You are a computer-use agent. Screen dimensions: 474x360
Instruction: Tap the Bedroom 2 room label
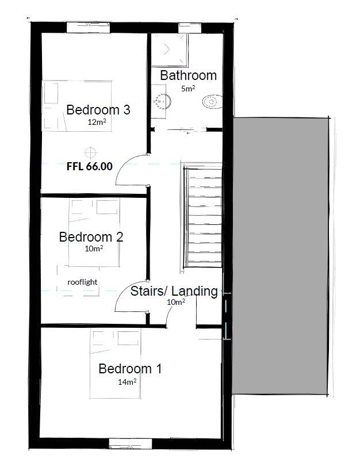tap(91, 236)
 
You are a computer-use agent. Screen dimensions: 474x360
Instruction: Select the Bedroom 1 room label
tap(130, 369)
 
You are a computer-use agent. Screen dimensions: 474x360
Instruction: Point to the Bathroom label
tap(188, 75)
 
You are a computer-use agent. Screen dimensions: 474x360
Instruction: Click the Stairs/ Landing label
tap(174, 291)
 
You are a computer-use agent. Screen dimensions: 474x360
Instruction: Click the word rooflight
tap(82, 282)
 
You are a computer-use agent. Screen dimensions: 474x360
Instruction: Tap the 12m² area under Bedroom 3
tap(97, 122)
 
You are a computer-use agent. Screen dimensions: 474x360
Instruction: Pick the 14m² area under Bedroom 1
tap(127, 381)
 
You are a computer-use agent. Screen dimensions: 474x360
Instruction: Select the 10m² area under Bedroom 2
tap(94, 249)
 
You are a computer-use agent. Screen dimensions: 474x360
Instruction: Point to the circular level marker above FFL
tap(89, 152)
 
